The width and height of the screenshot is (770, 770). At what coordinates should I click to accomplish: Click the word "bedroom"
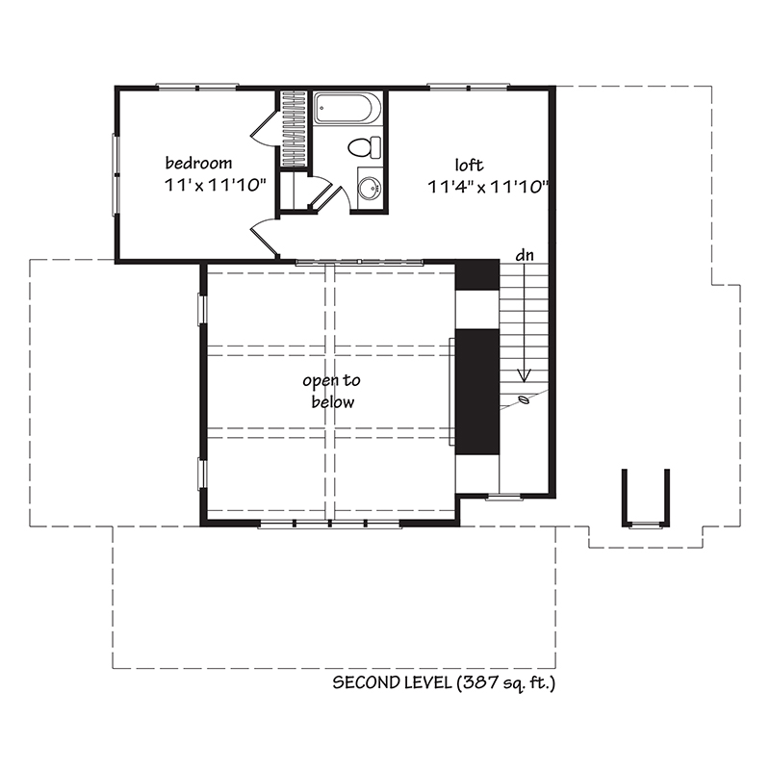coord(197,162)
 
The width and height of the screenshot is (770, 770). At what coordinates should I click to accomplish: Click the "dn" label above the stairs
coord(525,255)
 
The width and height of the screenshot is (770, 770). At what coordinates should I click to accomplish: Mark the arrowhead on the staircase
coord(524,376)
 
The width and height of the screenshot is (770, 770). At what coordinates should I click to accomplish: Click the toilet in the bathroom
coord(364,148)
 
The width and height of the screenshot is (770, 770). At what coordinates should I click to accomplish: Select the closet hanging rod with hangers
coord(295,130)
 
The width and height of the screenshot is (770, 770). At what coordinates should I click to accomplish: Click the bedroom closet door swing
coord(263,127)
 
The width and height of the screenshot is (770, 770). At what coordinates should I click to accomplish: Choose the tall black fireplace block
coord(475,390)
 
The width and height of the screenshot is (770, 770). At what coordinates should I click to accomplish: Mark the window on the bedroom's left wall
coord(116,173)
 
